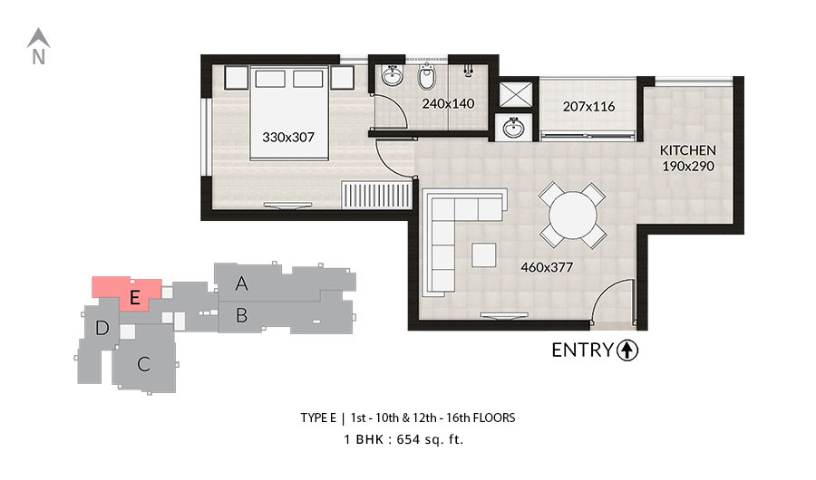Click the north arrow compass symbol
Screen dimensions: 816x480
tap(38, 46)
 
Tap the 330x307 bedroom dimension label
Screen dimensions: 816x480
tap(288, 138)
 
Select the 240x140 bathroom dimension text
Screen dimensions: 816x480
tap(448, 103)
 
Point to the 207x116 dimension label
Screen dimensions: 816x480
tap(588, 107)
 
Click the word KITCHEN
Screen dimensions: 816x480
tap(688, 150)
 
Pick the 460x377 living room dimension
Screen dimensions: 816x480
tap(547, 267)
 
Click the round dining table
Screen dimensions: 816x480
tap(573, 215)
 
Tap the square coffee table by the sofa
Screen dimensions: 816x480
tap(484, 254)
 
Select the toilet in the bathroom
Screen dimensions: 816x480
tap(427, 77)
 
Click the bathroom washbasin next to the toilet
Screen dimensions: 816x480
tap(392, 76)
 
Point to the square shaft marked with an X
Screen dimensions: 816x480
tap(516, 95)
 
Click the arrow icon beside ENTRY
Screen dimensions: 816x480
tap(627, 350)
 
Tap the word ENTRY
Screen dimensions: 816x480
tap(582, 350)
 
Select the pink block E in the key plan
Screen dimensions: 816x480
tap(127, 293)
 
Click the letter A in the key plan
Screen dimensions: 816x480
tap(241, 283)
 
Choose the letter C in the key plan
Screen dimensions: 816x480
tap(143, 364)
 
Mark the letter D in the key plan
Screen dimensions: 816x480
tap(102, 328)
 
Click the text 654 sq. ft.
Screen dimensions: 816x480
tap(430, 439)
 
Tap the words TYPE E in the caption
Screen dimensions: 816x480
tap(318, 418)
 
